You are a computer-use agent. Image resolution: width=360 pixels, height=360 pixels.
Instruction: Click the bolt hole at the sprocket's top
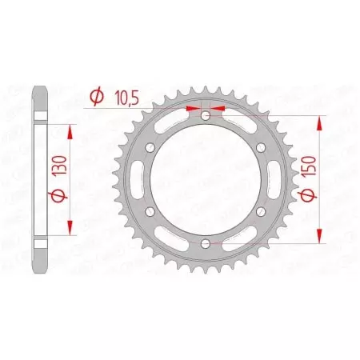click(206, 117)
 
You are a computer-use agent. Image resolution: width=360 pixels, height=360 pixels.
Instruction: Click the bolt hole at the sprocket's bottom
click(206, 242)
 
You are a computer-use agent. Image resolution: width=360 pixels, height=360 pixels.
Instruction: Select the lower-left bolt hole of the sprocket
click(153, 210)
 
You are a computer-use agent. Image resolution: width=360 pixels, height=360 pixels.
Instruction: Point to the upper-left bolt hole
click(153, 148)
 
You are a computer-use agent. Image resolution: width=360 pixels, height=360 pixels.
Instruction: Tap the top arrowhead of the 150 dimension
click(321, 122)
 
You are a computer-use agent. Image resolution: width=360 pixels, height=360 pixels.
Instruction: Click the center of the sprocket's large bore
click(206, 179)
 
